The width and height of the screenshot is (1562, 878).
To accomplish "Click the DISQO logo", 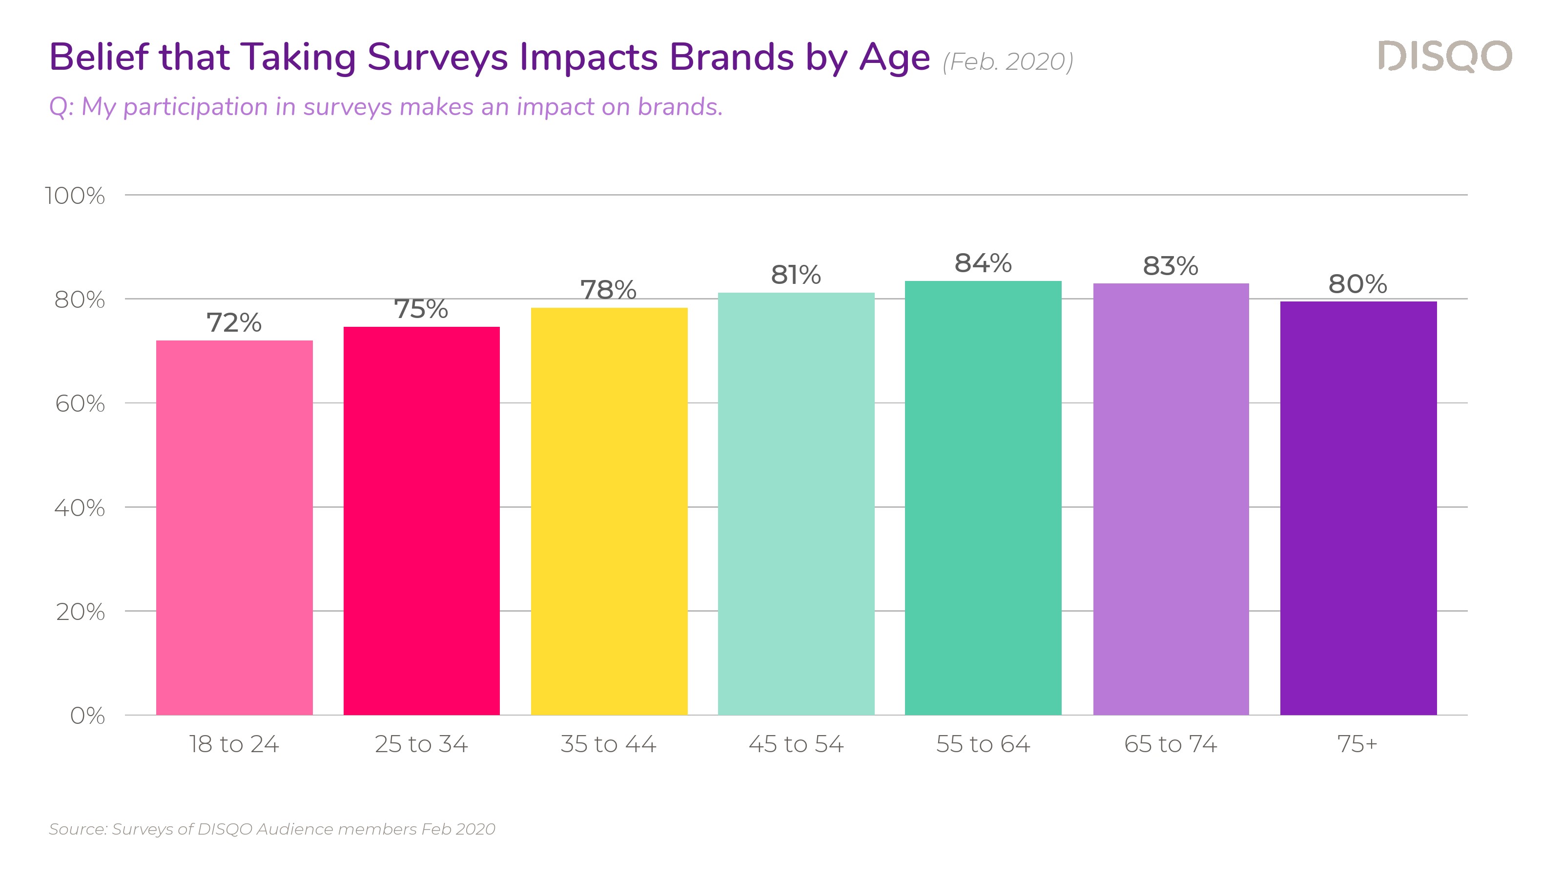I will [x=1444, y=57].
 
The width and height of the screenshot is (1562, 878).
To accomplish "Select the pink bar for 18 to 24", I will [x=234, y=527].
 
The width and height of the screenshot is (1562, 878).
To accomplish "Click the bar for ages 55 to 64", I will [x=983, y=498].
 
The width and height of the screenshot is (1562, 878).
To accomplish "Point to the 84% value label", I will [x=983, y=263].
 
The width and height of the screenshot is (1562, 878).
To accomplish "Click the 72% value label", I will [x=234, y=322].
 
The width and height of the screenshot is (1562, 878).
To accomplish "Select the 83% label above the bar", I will [x=1171, y=265].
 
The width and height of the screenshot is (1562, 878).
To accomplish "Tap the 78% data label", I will [x=609, y=290].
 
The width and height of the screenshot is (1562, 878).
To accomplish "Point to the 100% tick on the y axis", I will [x=75, y=196].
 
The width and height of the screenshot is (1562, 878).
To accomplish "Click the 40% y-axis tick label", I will [x=80, y=508].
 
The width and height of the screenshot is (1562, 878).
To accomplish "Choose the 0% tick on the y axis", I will [x=87, y=716].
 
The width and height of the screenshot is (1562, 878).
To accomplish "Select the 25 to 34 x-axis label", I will [x=421, y=744].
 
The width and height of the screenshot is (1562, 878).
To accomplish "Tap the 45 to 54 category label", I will [x=796, y=744].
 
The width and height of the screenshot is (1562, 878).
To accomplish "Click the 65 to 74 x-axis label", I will [x=1171, y=744].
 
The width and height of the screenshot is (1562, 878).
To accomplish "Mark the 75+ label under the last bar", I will [x=1357, y=744].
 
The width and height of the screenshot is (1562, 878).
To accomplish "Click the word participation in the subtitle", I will [x=195, y=107].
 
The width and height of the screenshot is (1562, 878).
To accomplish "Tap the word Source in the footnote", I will [x=77, y=829].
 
